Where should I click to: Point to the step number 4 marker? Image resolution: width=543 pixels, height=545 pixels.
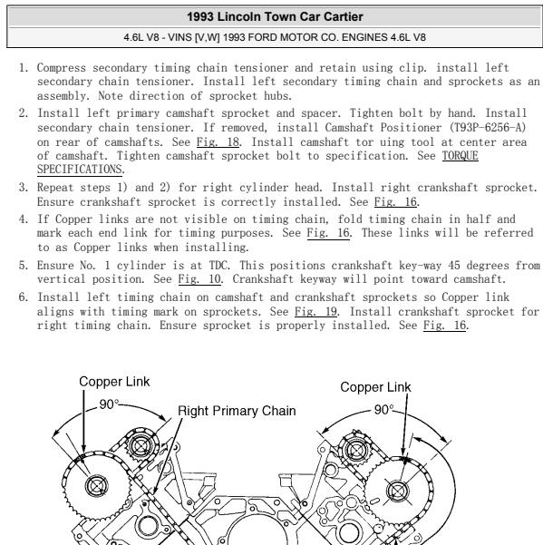[x=22, y=219]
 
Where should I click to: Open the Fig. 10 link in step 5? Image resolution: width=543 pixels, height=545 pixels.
[x=205, y=269]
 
